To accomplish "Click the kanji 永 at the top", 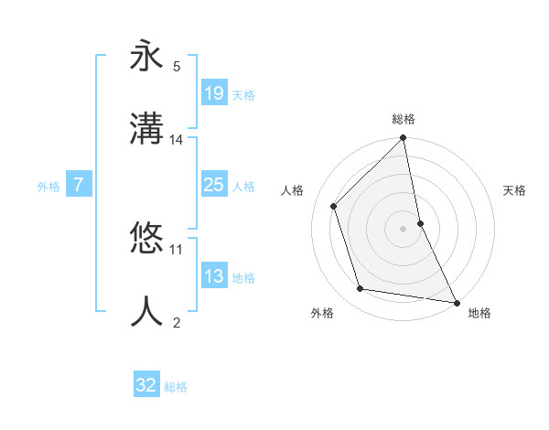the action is tap(146, 56).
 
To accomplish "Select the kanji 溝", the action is tap(146, 129).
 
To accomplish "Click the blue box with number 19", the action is tap(213, 93).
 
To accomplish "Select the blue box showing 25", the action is tap(213, 186).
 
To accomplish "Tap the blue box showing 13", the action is tap(213, 277).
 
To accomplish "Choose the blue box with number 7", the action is tap(79, 186).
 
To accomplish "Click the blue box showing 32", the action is tap(146, 385).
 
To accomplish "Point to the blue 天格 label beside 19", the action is tap(243, 94).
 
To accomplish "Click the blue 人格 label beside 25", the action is tap(243, 187).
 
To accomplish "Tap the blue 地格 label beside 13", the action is tap(243, 278).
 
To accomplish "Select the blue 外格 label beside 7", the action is tap(48, 187).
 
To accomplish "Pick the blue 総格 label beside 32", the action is tap(176, 387).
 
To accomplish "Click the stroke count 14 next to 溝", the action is tap(177, 140).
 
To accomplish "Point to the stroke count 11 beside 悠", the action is tap(177, 249).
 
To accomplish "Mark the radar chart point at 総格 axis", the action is tap(403, 138).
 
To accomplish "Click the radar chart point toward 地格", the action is tap(455, 302).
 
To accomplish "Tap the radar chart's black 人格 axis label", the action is tap(293, 190).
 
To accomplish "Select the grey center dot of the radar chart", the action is tap(403, 229).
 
